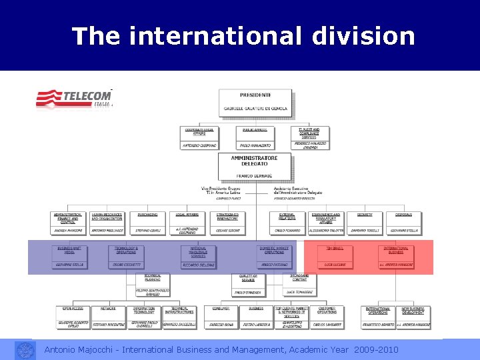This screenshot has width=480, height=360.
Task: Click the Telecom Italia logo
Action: [x=74, y=99]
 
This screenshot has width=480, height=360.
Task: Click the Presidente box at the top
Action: [x=255, y=103]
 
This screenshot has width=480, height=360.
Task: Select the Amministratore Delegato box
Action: [x=255, y=167]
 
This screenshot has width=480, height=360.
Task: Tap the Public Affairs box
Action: [x=255, y=137]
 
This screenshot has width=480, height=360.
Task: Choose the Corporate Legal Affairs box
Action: [x=199, y=137]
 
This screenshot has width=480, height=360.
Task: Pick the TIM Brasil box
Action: [x=335, y=256]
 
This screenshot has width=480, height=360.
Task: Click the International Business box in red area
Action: [x=396, y=256]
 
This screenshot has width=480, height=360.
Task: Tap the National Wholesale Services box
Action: [x=199, y=256]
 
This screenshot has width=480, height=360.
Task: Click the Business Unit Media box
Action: [x=69, y=256]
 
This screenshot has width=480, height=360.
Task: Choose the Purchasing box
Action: [x=147, y=223]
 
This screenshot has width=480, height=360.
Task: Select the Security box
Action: [x=365, y=223]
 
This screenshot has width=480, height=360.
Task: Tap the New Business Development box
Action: [x=413, y=317]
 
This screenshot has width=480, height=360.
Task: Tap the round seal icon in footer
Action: [x=25, y=349]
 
